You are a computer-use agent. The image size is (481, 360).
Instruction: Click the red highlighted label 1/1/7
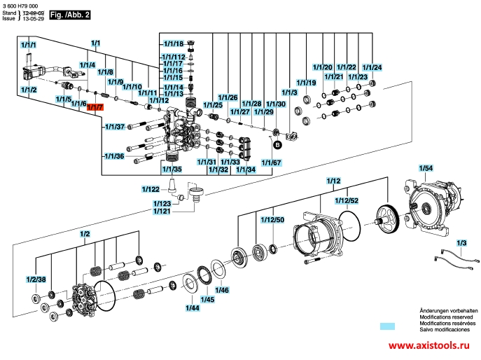coord(95,107)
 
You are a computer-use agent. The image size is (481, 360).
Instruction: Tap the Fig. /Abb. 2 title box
coord(70,15)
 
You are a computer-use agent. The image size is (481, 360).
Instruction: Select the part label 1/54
coord(426,168)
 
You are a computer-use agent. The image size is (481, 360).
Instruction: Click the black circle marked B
coord(277,144)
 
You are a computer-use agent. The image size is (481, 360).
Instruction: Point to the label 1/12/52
coord(347,201)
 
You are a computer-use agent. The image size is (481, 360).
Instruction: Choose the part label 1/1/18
coord(174,44)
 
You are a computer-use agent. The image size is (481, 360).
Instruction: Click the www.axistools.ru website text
coord(428,345)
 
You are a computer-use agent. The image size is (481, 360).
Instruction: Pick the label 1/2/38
coord(36,279)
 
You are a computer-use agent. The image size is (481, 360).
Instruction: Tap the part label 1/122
coord(151,189)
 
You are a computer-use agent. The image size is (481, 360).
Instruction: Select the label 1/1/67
coord(271,162)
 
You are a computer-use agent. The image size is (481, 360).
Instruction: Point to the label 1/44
coord(193,307)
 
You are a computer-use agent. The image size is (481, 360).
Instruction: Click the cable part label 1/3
coord(461,243)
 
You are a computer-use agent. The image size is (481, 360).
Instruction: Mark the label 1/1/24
coord(372,67)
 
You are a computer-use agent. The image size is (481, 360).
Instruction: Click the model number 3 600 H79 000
coord(20,6)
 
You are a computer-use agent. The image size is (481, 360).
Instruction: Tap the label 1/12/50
coord(272,220)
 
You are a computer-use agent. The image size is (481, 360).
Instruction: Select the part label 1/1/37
coord(115,127)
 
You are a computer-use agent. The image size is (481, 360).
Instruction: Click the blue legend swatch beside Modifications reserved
coord(387,326)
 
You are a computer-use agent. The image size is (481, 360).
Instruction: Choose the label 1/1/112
coord(174,57)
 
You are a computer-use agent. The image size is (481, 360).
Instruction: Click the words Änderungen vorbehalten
coord(449,310)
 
